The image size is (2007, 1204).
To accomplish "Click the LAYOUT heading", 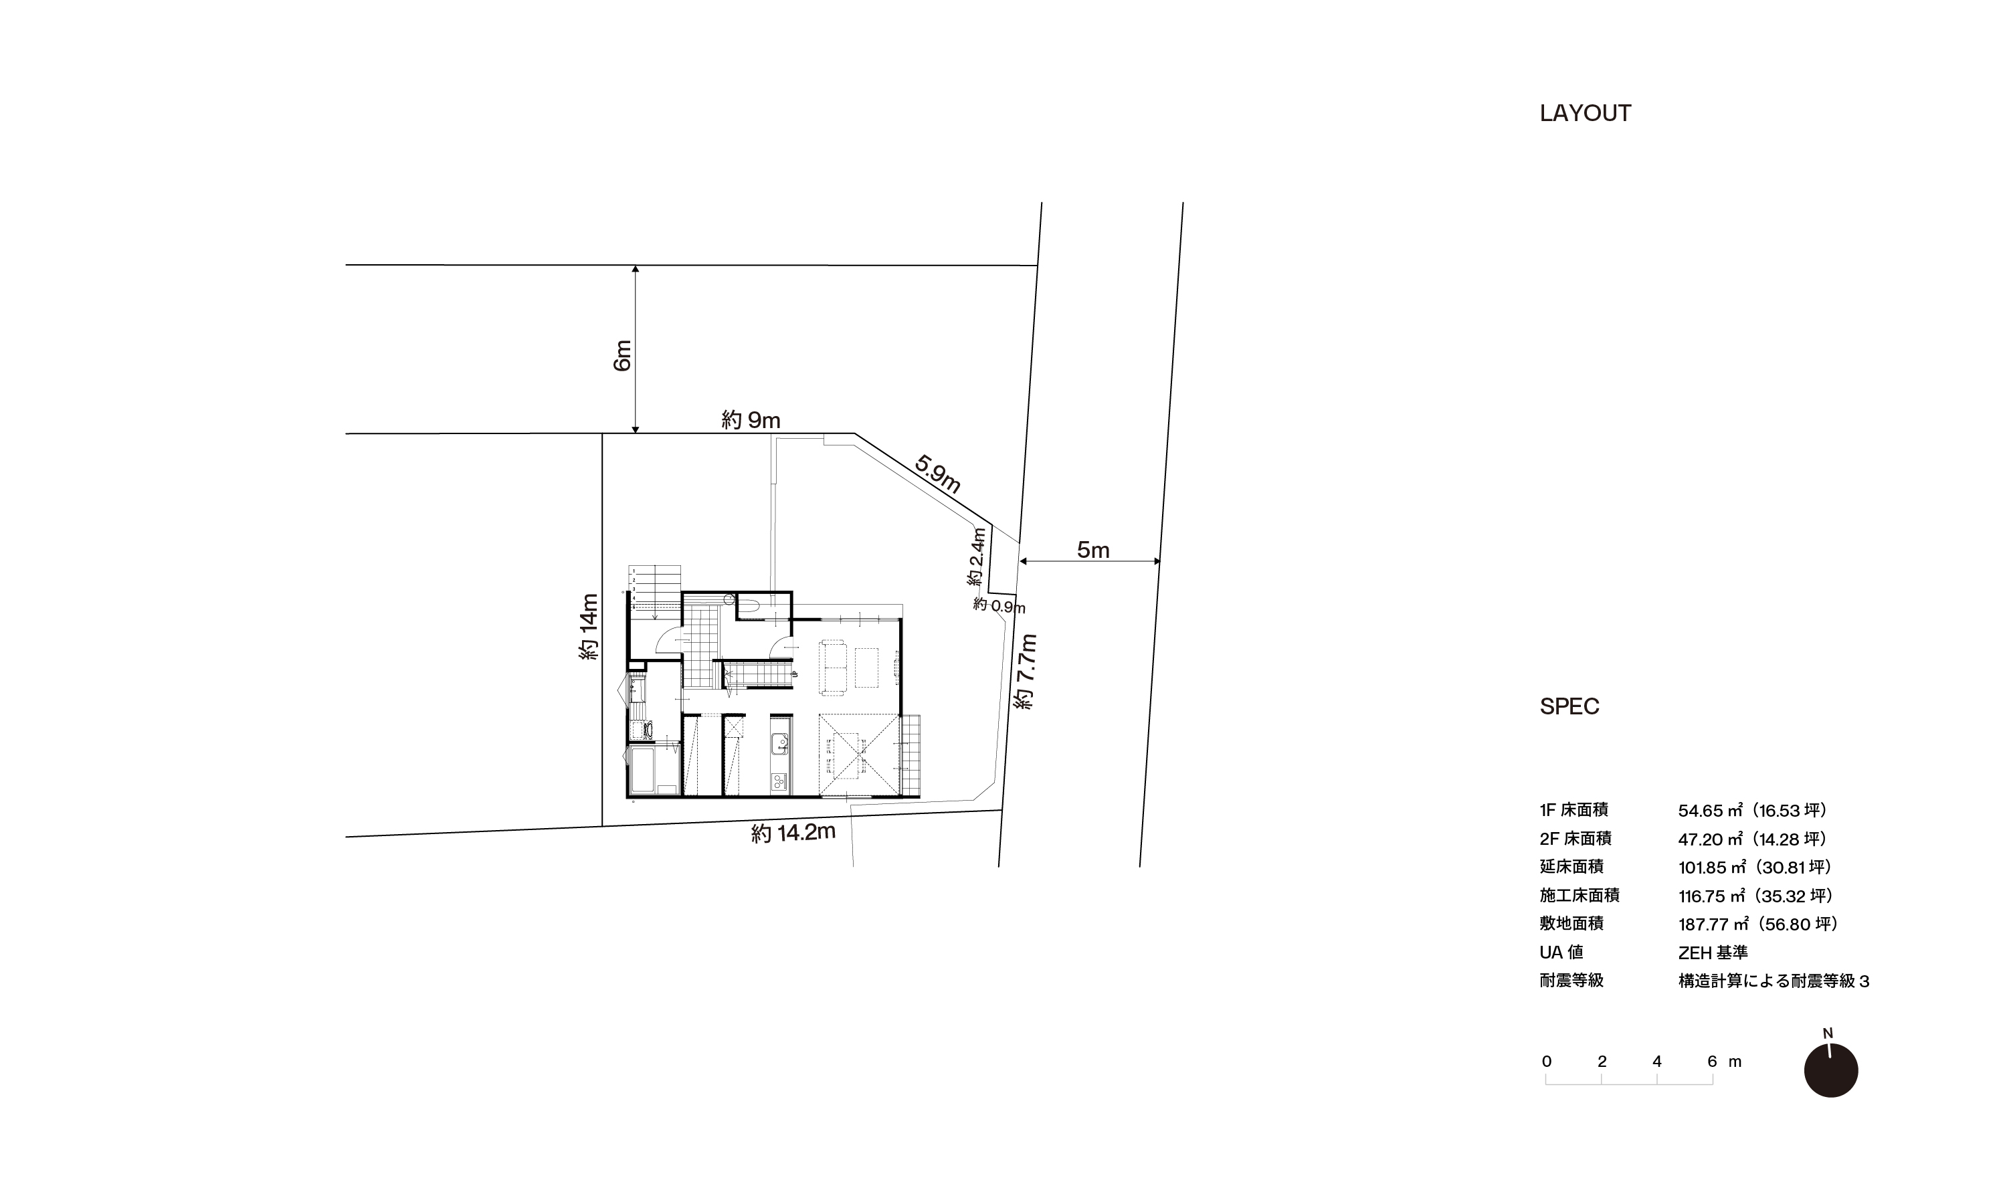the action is coord(1585,114).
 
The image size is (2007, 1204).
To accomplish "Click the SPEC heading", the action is coord(1569,706).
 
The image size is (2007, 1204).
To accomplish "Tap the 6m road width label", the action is coord(622,355).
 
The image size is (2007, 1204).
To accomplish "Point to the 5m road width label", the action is coord(1092,550).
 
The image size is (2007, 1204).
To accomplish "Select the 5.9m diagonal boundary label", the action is coord(938,475).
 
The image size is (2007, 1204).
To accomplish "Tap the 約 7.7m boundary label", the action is coord(1026,673).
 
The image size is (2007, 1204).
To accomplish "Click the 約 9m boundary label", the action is coord(751,420).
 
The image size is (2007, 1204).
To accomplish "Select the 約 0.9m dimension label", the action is coord(999,606).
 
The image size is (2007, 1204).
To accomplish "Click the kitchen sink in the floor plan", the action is coord(779,743).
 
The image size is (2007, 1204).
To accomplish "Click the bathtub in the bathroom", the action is coord(644,770).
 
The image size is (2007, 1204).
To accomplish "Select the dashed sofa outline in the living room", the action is coord(833,668).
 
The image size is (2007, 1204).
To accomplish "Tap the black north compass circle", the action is coord(1831,1071).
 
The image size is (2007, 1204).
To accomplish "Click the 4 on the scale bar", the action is coord(1656,1062).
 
